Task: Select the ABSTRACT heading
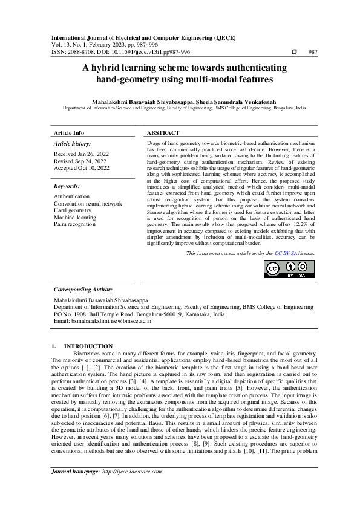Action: tap(163, 132)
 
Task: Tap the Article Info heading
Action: tap(70, 132)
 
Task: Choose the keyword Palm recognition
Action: tap(75, 224)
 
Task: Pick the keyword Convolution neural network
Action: tap(88, 204)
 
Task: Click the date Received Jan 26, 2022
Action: tap(80, 155)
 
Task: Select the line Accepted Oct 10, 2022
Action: tap(82, 168)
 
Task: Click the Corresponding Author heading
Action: tap(83, 290)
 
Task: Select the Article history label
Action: tap(73, 144)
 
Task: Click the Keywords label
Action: tap(67, 187)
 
